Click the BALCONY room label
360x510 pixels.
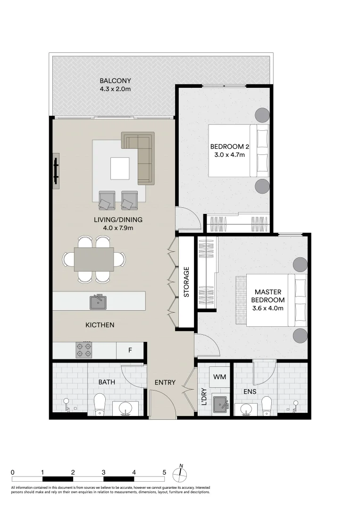tap(115, 81)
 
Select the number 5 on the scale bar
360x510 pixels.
tap(164, 473)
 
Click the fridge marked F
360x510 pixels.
tap(130, 350)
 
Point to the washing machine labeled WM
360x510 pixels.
tap(220, 377)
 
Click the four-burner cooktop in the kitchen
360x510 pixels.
tap(84, 350)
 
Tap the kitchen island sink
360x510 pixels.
tap(98, 302)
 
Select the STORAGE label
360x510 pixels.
tap(186, 282)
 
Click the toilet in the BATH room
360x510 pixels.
tap(100, 404)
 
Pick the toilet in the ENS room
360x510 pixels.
tap(267, 406)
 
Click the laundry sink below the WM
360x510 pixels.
tap(221, 404)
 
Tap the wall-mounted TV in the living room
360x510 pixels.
tap(56, 171)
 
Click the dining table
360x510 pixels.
tap(94, 259)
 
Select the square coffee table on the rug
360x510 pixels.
tap(119, 168)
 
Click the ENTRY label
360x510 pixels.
tap(165, 382)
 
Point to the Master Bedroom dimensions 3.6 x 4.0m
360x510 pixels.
tap(268, 308)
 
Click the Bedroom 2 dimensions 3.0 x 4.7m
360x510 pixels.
tap(229, 155)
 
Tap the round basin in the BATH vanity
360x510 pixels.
tap(125, 408)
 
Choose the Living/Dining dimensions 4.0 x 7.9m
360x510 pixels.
tap(118, 228)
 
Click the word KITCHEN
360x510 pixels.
tap(100, 325)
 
